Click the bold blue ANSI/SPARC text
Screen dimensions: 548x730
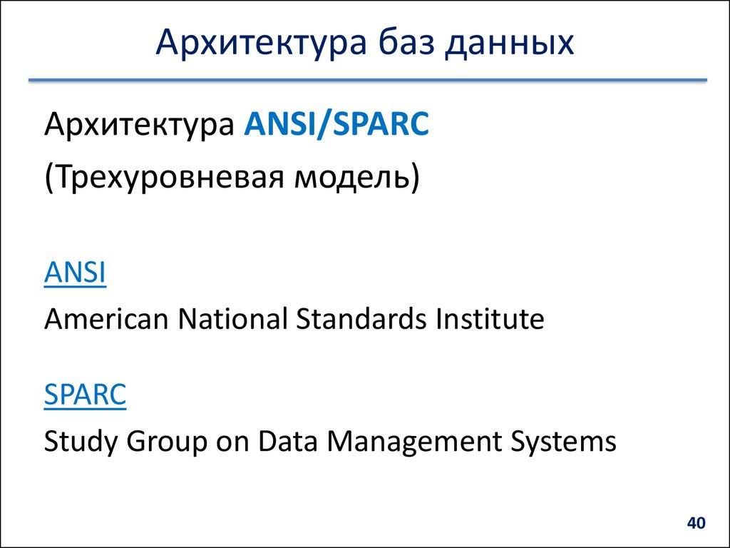click(336, 125)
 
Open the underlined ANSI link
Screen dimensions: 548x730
click(75, 273)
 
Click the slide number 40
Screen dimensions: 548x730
click(696, 524)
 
